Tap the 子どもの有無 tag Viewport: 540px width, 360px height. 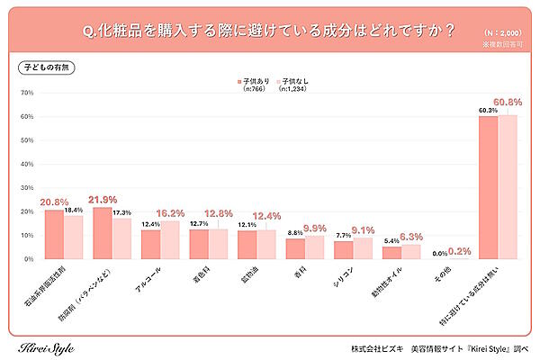tap(44, 67)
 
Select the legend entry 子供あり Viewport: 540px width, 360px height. tap(256, 80)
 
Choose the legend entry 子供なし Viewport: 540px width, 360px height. tap(297, 80)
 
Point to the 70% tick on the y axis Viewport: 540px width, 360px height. tap(26, 93)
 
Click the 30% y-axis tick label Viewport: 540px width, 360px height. tap(26, 187)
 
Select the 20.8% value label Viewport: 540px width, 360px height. tap(56, 202)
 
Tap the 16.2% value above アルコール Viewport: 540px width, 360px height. tap(172, 216)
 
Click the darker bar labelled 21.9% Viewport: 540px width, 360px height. tap(103, 233)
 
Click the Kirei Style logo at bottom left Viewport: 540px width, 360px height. tap(46, 347)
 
